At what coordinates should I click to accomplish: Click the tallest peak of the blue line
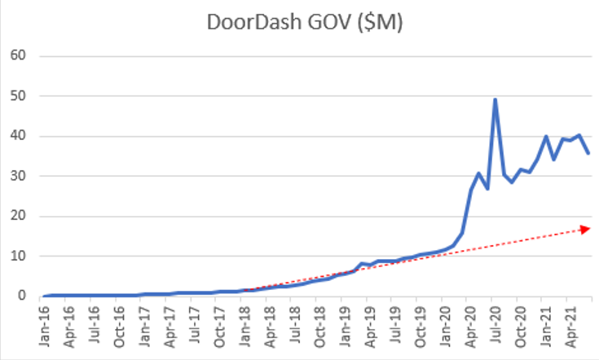[495, 99]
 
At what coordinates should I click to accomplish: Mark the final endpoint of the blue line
[588, 153]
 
